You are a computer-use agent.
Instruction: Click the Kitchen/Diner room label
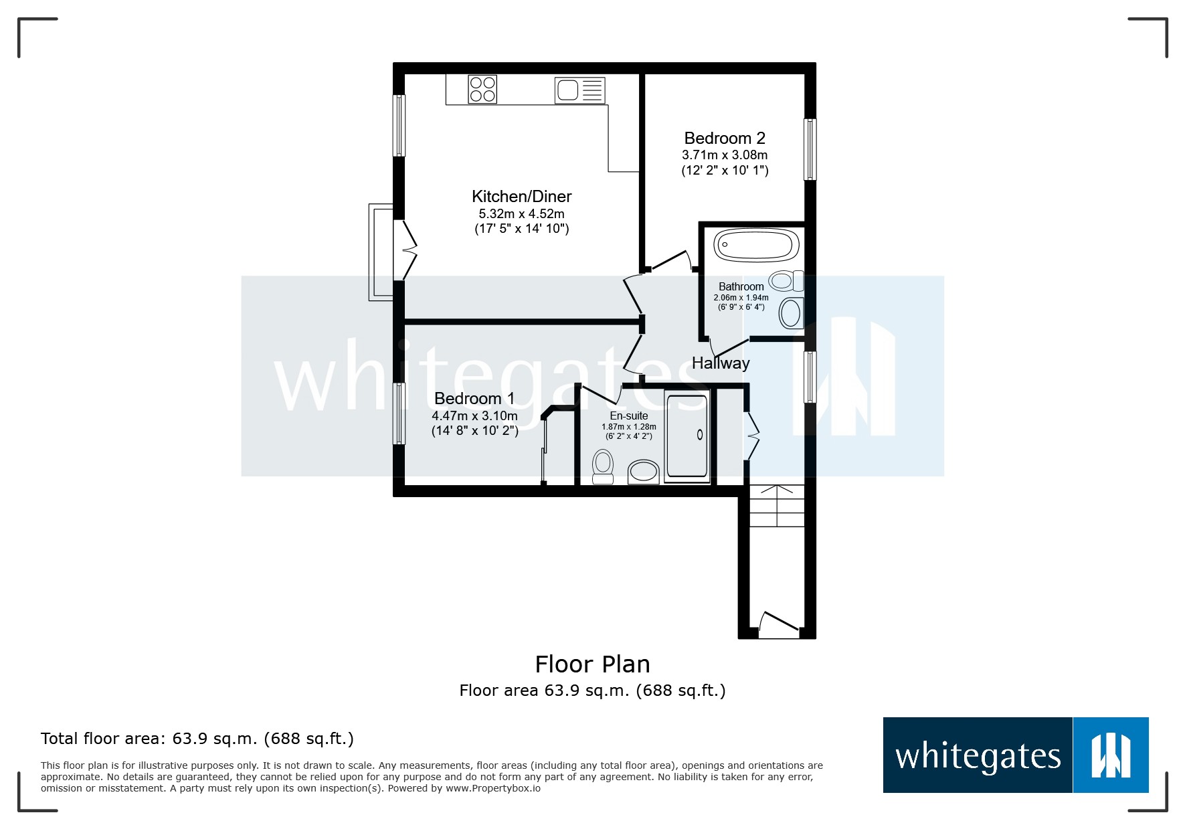(x=521, y=196)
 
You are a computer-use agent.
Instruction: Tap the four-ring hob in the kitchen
(x=482, y=90)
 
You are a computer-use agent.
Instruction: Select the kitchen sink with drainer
(x=579, y=90)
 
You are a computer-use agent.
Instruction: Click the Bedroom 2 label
(x=725, y=139)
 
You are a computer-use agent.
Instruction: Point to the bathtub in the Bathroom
(x=755, y=246)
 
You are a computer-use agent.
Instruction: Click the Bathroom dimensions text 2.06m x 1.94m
(x=741, y=298)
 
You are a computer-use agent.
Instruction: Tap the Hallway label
(x=721, y=363)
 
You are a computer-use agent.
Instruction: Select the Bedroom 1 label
(x=474, y=399)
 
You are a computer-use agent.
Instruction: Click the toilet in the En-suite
(x=603, y=465)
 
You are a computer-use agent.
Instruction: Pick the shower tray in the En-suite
(x=687, y=436)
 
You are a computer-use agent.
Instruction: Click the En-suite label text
(x=628, y=416)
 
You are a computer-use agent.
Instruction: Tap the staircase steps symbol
(x=777, y=506)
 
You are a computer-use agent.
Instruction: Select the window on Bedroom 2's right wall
(x=810, y=149)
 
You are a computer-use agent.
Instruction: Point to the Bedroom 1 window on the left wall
(x=399, y=413)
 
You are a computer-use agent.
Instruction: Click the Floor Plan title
(x=592, y=664)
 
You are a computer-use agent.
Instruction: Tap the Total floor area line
(x=197, y=739)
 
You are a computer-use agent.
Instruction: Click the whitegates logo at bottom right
(x=1015, y=755)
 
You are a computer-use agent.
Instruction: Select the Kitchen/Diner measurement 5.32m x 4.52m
(x=521, y=214)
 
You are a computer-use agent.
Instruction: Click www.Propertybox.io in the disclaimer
(x=493, y=788)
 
